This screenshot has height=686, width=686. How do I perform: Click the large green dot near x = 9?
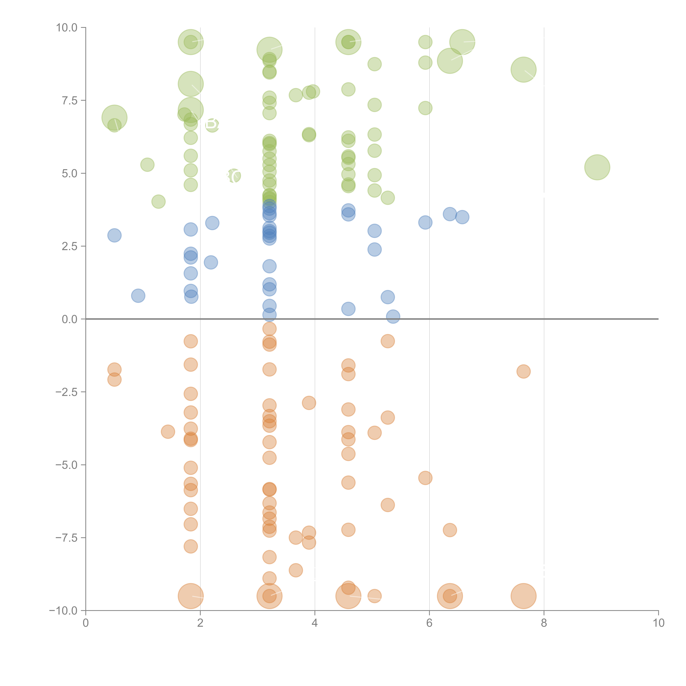[597, 167]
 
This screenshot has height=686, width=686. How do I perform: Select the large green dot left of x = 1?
[114, 118]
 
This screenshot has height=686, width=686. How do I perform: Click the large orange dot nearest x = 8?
[523, 596]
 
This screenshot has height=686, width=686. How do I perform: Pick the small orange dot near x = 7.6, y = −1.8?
[523, 371]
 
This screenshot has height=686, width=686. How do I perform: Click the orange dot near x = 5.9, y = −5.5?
[425, 478]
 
